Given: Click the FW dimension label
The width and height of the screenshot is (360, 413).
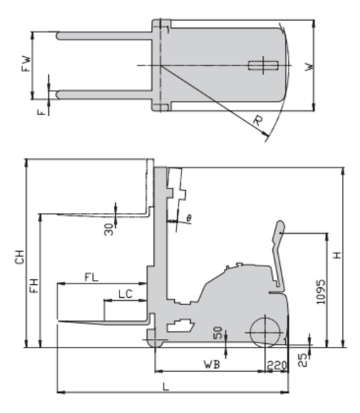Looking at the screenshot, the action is [26, 63].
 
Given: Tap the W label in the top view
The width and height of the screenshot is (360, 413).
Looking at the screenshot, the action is [310, 67].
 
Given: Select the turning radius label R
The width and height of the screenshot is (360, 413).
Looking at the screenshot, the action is [258, 121].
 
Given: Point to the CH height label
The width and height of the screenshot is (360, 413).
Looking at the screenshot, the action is [19, 257].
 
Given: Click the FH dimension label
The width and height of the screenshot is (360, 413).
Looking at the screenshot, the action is [34, 286].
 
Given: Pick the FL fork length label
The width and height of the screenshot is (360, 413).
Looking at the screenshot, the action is [91, 277].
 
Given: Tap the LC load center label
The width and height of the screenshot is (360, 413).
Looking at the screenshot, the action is [125, 294].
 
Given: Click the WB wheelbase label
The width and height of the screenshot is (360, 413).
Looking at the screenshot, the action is [212, 364].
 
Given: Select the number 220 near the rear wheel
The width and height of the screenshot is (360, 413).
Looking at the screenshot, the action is [276, 366].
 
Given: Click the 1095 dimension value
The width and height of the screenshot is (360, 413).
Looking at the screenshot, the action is [320, 292].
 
